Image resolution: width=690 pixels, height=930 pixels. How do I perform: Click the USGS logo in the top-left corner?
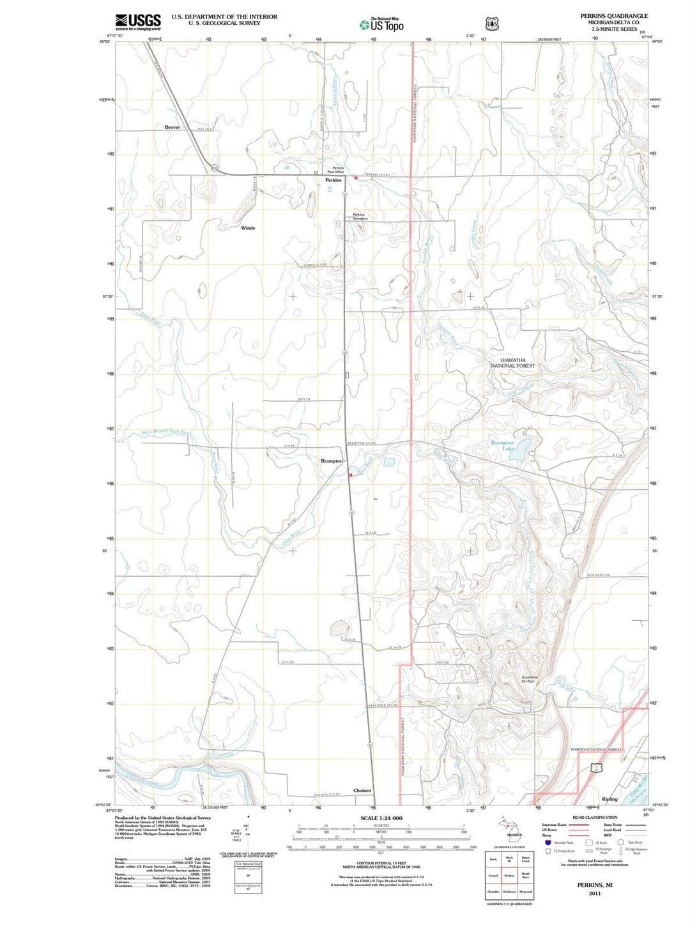point(138,22)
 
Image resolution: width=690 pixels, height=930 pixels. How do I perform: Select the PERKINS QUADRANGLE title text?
point(613,16)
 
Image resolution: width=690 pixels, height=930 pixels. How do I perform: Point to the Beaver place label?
point(172,127)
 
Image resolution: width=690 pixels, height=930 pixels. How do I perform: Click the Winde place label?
point(248,228)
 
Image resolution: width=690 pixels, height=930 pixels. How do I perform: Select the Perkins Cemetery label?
point(360,217)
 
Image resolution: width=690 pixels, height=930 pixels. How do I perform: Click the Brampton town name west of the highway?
point(332,461)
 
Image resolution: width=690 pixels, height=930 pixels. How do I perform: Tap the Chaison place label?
point(362,790)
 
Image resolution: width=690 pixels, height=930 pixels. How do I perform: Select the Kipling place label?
point(609,798)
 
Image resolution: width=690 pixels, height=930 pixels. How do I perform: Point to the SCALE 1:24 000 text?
point(381,818)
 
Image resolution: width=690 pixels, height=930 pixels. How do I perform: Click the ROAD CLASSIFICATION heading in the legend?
point(595,817)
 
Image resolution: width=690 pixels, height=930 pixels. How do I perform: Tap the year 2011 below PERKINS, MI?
point(595,893)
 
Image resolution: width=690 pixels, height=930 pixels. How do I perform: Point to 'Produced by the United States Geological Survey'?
point(162,818)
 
